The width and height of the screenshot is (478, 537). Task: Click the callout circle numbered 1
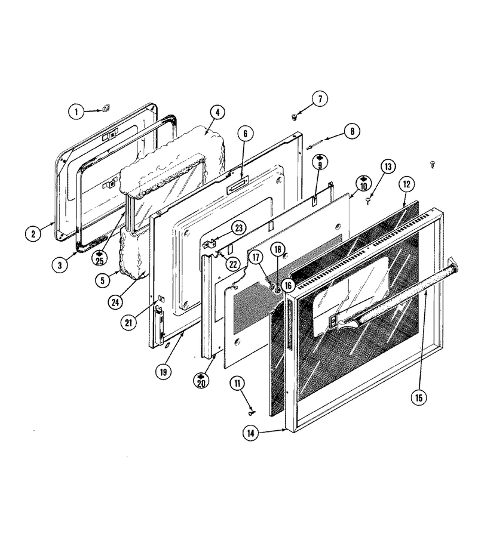pyautogui.click(x=76, y=112)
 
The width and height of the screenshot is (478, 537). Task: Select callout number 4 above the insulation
pyautogui.click(x=217, y=112)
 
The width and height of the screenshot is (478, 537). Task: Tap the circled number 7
pyautogui.click(x=320, y=99)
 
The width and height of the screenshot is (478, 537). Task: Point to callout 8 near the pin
pyautogui.click(x=352, y=131)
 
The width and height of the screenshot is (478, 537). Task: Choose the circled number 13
pyautogui.click(x=388, y=167)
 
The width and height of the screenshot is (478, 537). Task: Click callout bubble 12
pyautogui.click(x=406, y=184)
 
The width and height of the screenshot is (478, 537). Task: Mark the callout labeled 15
pyautogui.click(x=419, y=397)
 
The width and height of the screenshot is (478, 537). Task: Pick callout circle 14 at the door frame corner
pyautogui.click(x=251, y=433)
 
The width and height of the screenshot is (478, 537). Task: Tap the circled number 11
pyautogui.click(x=237, y=384)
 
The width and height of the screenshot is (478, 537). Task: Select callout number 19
pyautogui.click(x=163, y=372)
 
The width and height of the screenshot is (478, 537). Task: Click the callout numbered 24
pyautogui.click(x=115, y=302)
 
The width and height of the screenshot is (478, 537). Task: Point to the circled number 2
pyautogui.click(x=33, y=234)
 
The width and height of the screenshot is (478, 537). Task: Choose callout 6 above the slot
pyautogui.click(x=245, y=134)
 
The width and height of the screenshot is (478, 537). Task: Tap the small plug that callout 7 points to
pyautogui.click(x=294, y=117)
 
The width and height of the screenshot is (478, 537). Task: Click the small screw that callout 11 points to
pyautogui.click(x=252, y=413)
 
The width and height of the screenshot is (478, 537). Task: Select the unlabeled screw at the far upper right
pyautogui.click(x=433, y=165)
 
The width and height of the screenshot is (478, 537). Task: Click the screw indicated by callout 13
pyautogui.click(x=368, y=200)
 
